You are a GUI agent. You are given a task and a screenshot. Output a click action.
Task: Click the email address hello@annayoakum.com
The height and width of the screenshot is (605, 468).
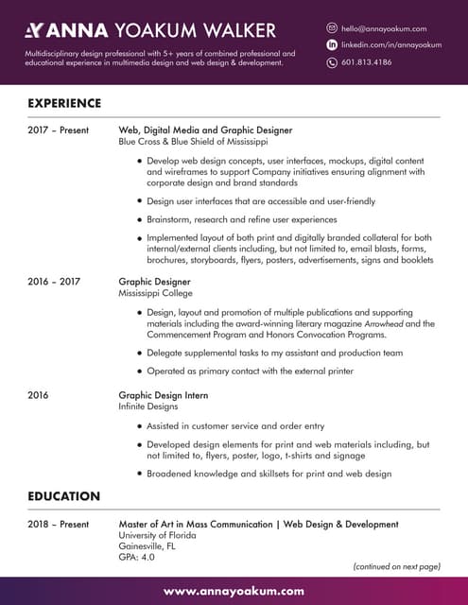coord(384,29)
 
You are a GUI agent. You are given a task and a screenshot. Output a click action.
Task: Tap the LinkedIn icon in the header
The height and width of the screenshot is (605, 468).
coord(332,45)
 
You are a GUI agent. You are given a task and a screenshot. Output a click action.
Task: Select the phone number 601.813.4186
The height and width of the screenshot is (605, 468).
coord(366,62)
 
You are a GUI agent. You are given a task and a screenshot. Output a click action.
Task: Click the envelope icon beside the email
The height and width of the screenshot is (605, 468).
coord(332,29)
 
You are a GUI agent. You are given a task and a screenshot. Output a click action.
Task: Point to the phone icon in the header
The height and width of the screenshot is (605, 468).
coord(332,62)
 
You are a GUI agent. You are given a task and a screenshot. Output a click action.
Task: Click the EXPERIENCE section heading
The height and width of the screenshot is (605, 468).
coord(64,102)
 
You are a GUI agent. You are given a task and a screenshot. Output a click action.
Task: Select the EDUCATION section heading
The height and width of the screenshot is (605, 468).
coord(63,495)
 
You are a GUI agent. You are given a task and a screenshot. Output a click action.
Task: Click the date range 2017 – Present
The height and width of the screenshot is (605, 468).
coord(58,130)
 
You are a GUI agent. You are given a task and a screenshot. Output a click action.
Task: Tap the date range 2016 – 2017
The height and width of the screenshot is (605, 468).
coord(54,282)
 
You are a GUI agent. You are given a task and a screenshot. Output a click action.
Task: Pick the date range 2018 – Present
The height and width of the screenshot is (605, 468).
coord(58,524)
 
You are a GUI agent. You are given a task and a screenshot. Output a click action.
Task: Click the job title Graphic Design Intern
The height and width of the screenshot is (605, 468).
coord(163,395)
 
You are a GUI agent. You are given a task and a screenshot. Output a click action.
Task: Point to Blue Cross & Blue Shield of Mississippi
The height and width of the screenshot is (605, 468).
coord(193,141)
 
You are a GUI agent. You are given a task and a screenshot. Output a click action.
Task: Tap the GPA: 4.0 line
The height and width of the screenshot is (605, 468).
coord(136,558)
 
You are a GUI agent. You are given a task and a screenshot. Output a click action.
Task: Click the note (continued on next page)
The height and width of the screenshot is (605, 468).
coord(396,566)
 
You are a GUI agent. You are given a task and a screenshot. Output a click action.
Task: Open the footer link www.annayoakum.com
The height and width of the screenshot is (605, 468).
coord(234,591)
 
